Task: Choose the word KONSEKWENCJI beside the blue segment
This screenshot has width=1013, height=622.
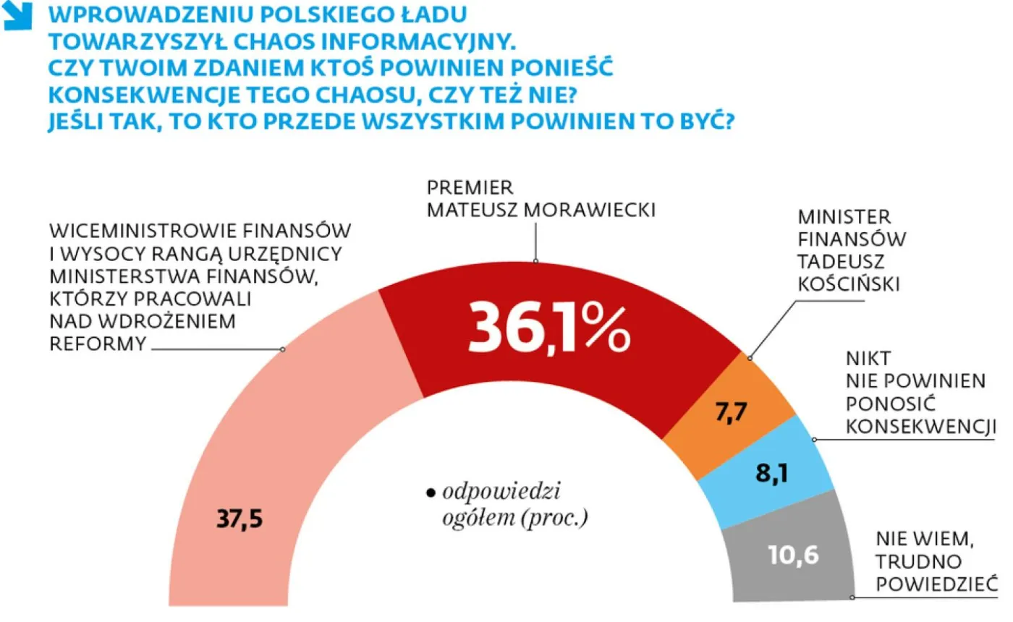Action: tap(917, 427)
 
